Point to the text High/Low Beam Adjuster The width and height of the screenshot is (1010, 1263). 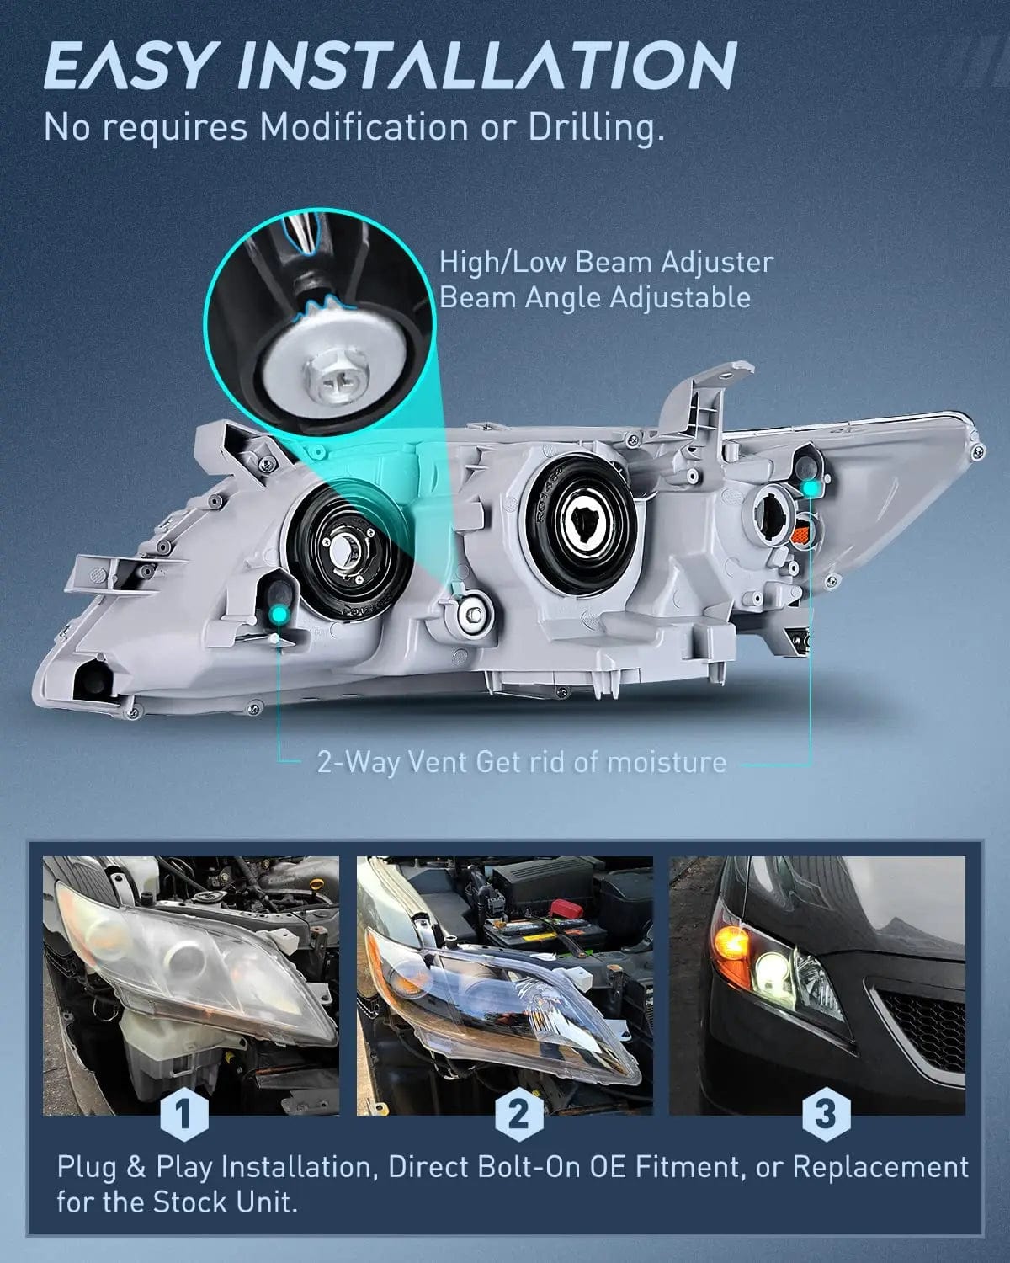606,262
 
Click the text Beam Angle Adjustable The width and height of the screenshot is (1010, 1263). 594,297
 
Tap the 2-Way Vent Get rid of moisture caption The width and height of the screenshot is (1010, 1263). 522,762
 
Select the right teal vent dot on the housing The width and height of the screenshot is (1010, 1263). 810,488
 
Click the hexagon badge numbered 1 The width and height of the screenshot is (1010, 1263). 183,1113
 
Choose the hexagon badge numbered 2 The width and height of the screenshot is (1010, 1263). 518,1113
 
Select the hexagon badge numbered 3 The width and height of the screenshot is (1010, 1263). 826,1113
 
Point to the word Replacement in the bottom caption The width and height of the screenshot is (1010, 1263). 880,1167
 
